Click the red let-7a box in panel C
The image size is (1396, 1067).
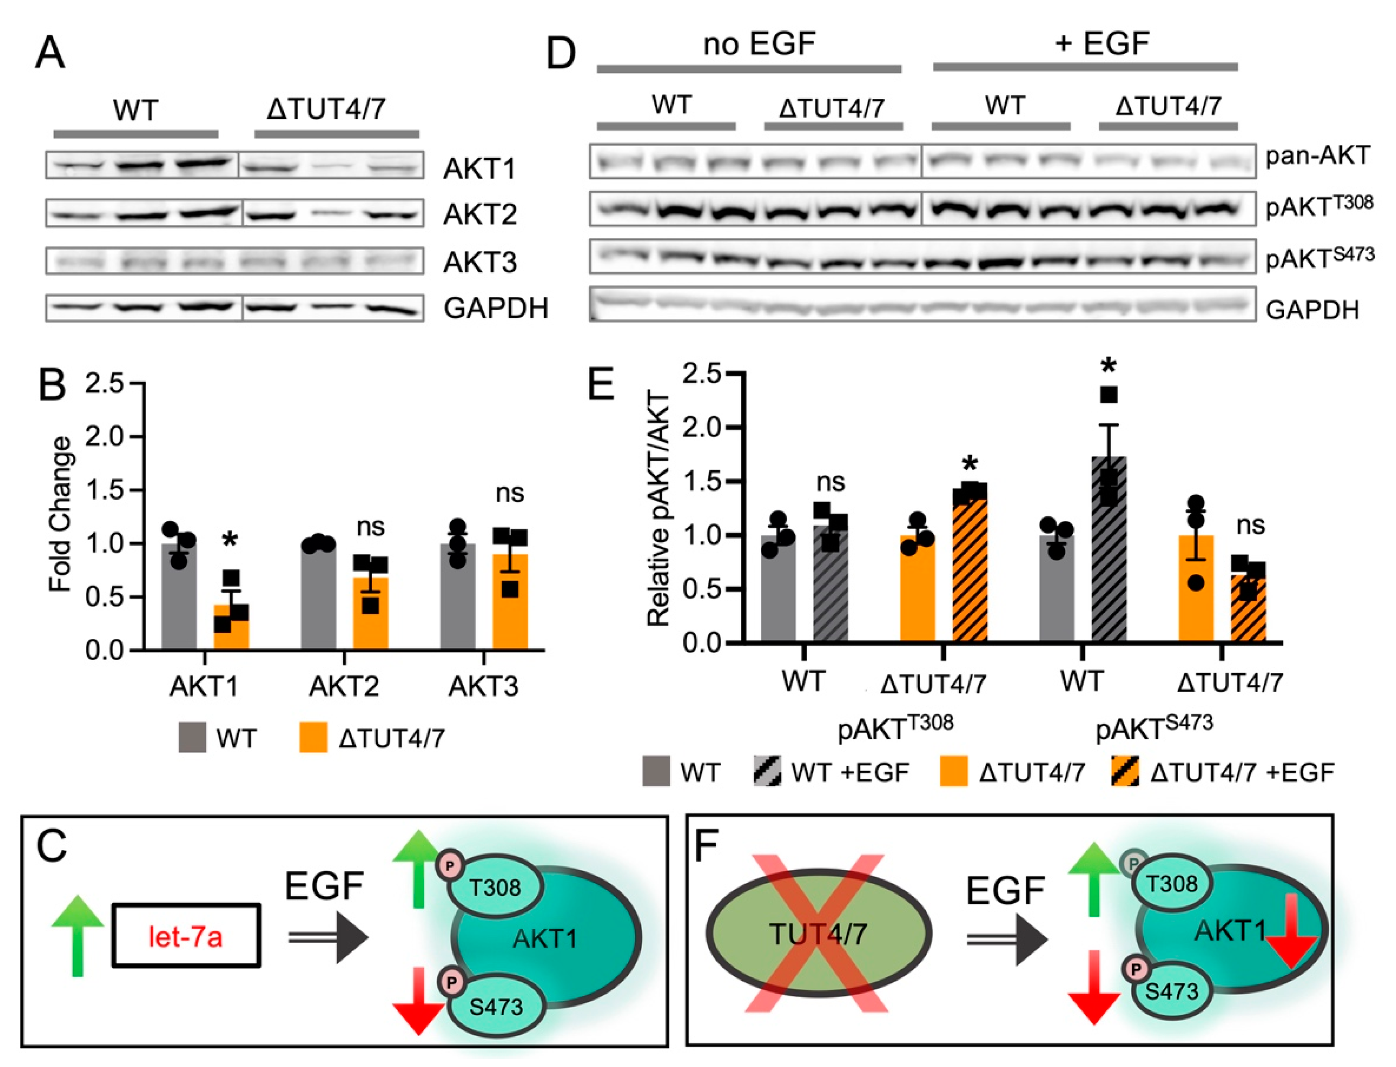coord(185,936)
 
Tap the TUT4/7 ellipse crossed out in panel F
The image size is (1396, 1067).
coord(818,933)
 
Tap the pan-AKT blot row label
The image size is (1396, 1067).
coord(1317,156)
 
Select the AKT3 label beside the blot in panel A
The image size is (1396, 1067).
coord(480,262)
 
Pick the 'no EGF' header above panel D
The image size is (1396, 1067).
coord(759,44)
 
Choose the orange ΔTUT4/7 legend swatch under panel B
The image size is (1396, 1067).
coord(313,737)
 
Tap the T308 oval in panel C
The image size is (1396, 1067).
coord(496,887)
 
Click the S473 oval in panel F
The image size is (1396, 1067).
coord(1171,991)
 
